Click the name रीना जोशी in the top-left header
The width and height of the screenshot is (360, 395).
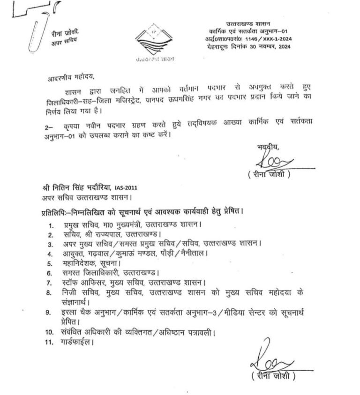point(63,32)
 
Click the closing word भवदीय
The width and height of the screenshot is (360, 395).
point(268,148)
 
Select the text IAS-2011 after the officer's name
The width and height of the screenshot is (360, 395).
point(124,188)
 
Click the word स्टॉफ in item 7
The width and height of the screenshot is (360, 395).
point(73,283)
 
